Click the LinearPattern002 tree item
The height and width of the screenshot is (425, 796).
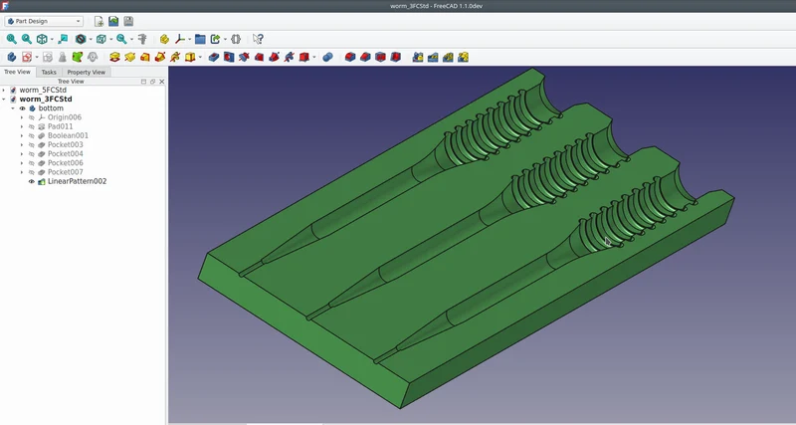[77, 181]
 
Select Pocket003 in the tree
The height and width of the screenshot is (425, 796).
[65, 144]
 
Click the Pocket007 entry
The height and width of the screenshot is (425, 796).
[65, 172]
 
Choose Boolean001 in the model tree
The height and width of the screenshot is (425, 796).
[68, 135]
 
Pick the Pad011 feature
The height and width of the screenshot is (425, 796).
[60, 126]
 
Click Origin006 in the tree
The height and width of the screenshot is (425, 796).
[64, 117]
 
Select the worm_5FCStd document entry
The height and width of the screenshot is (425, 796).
[43, 90]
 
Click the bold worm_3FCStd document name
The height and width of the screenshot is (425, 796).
[46, 99]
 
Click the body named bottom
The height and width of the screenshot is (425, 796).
[51, 108]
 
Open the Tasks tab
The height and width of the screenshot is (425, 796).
[49, 72]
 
